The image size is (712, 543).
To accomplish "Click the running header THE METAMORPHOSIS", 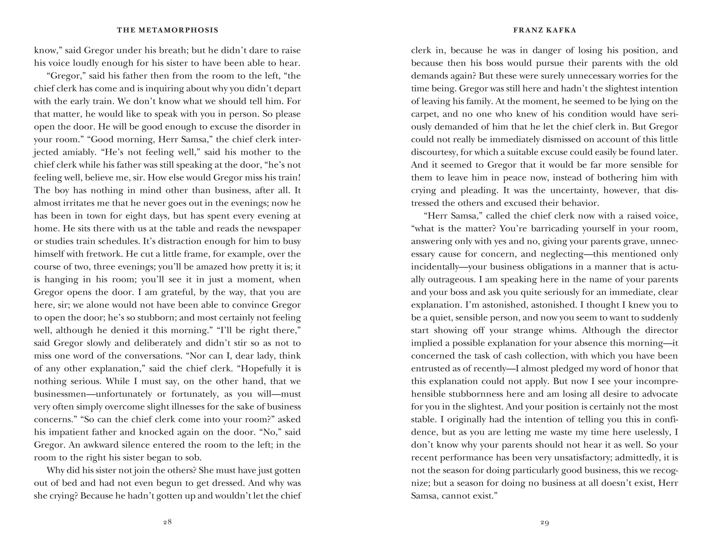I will (x=168, y=30).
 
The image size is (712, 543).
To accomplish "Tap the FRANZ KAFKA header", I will (x=545, y=30).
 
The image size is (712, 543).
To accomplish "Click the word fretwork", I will (x=104, y=254).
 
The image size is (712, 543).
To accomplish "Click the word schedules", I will (x=117, y=241).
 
